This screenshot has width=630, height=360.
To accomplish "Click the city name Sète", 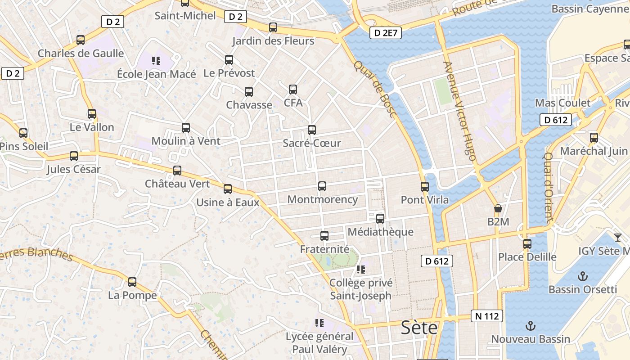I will tap(419, 328).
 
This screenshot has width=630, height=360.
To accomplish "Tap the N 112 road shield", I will tap(487, 316).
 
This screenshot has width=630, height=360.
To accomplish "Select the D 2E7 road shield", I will tap(386, 32).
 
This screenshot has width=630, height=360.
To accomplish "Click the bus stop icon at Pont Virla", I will tap(425, 186).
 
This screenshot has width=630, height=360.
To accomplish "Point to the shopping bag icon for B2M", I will tap(498, 208).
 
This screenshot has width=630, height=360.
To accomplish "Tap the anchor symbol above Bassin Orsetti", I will tap(583, 276).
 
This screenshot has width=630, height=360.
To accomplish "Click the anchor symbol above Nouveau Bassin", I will tap(531, 326).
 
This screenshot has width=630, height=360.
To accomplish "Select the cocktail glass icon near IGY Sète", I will tap(618, 237).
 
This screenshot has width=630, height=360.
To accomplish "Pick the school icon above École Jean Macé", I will tap(156, 60).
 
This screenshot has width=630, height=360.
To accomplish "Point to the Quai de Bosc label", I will tap(374, 89).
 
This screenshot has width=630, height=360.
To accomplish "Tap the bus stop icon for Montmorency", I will tap(322, 186).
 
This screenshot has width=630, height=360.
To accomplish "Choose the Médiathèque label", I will tap(381, 232).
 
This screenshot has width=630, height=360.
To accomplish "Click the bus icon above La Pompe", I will tap(132, 282).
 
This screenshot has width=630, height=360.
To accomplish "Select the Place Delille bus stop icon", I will tap(527, 244).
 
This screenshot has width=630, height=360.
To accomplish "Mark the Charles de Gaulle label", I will tap(81, 53).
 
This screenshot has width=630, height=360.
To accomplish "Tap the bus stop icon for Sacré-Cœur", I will tap(312, 130).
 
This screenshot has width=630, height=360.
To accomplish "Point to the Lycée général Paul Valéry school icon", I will tap(319, 323).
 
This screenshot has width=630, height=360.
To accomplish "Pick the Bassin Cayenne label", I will tap(590, 9).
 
